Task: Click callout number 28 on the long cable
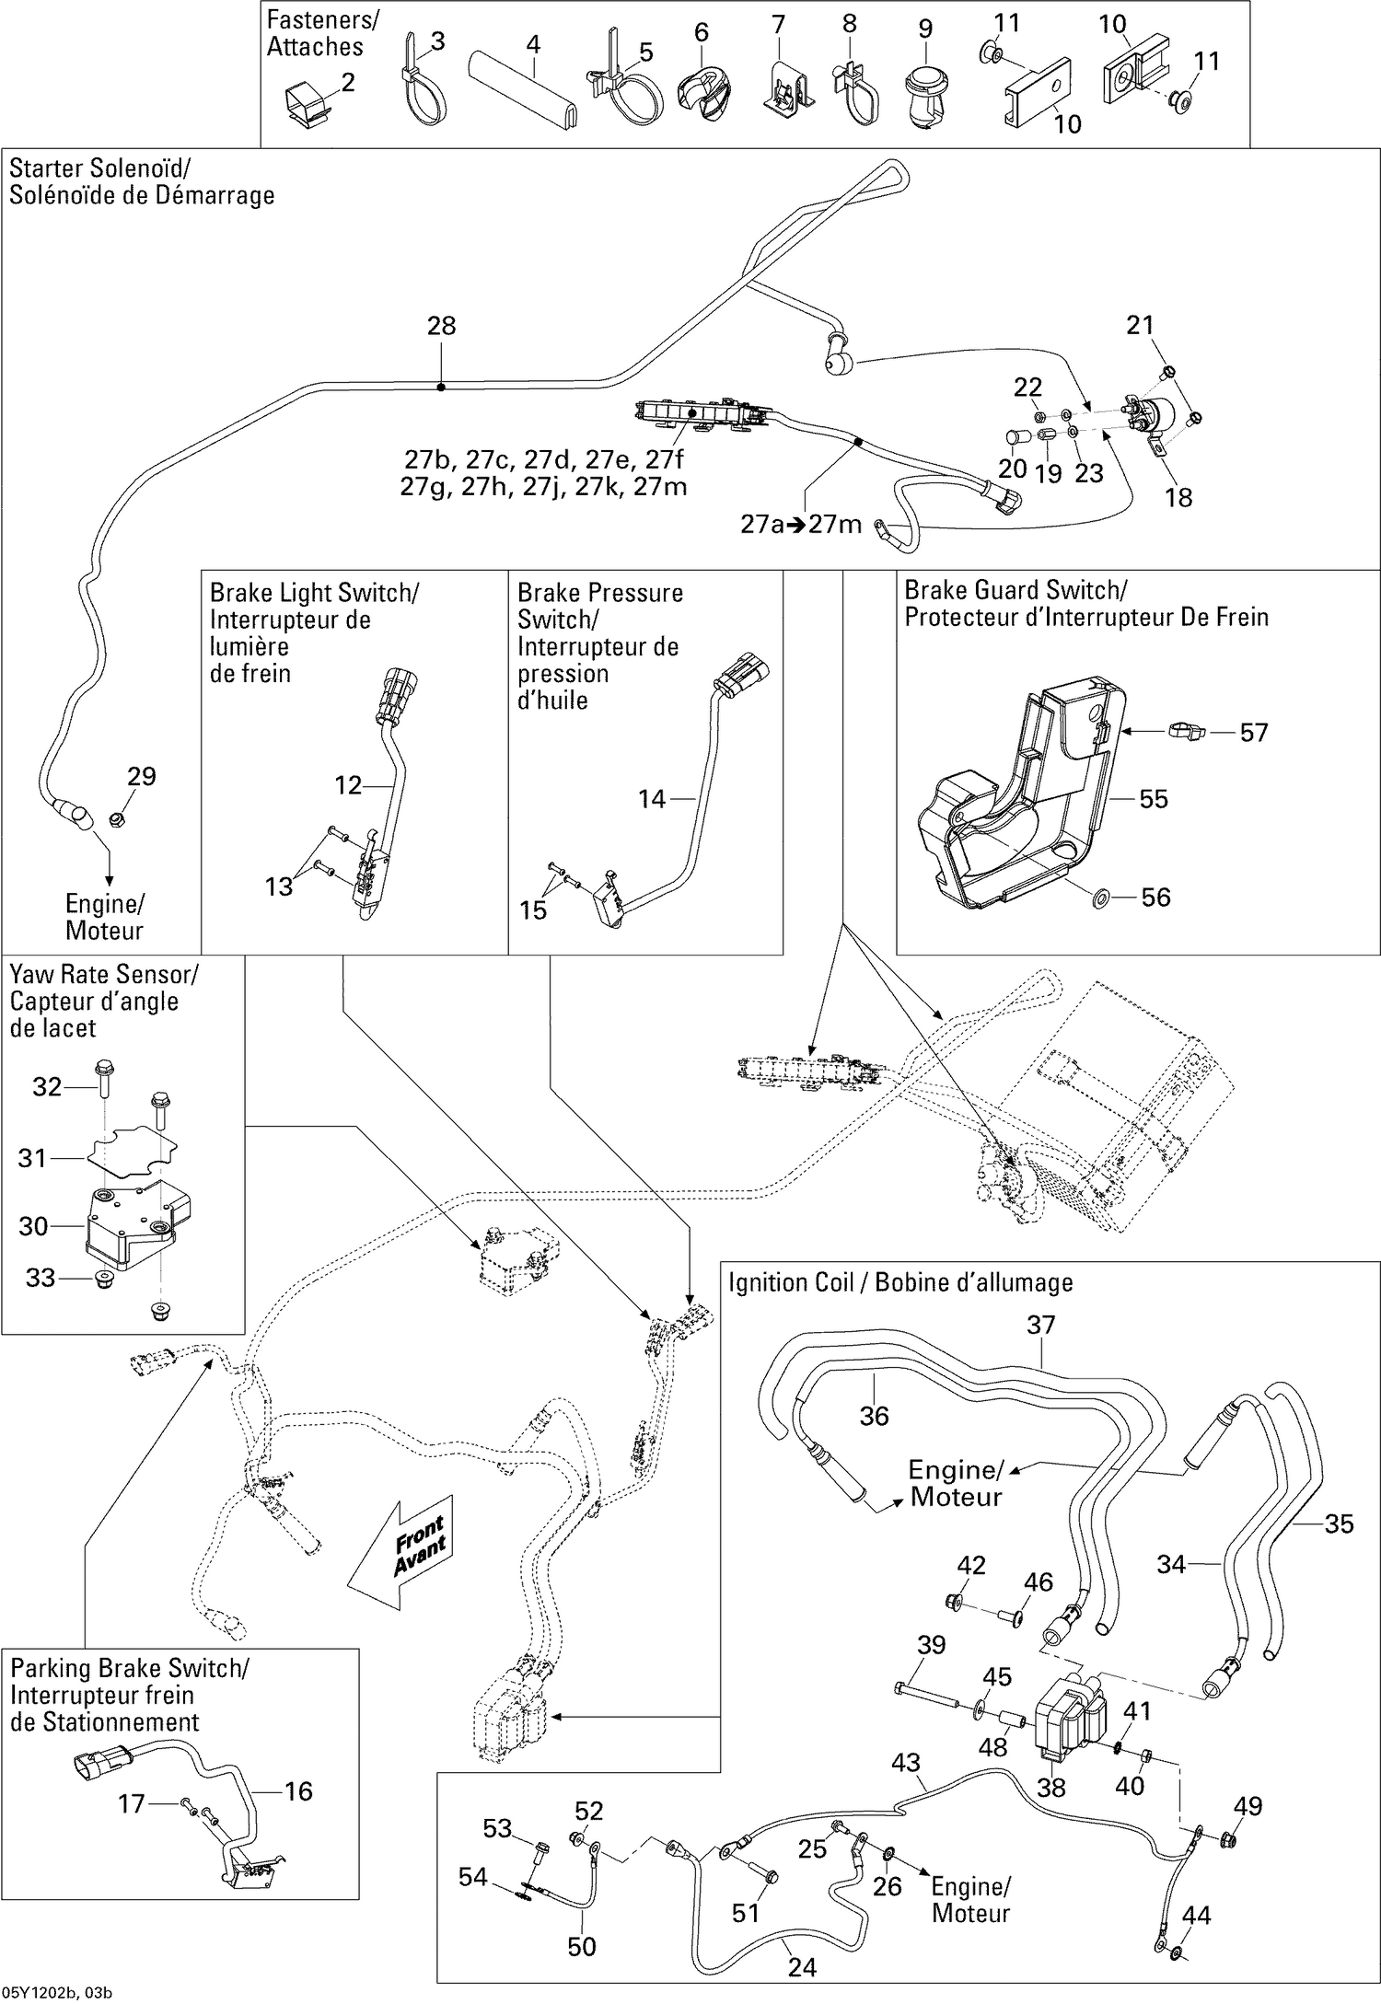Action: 441,326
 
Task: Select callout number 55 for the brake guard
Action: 1153,799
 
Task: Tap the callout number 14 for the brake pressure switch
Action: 652,799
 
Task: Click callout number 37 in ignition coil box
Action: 1040,1326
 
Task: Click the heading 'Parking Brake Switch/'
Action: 129,1668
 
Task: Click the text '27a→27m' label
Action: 801,525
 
